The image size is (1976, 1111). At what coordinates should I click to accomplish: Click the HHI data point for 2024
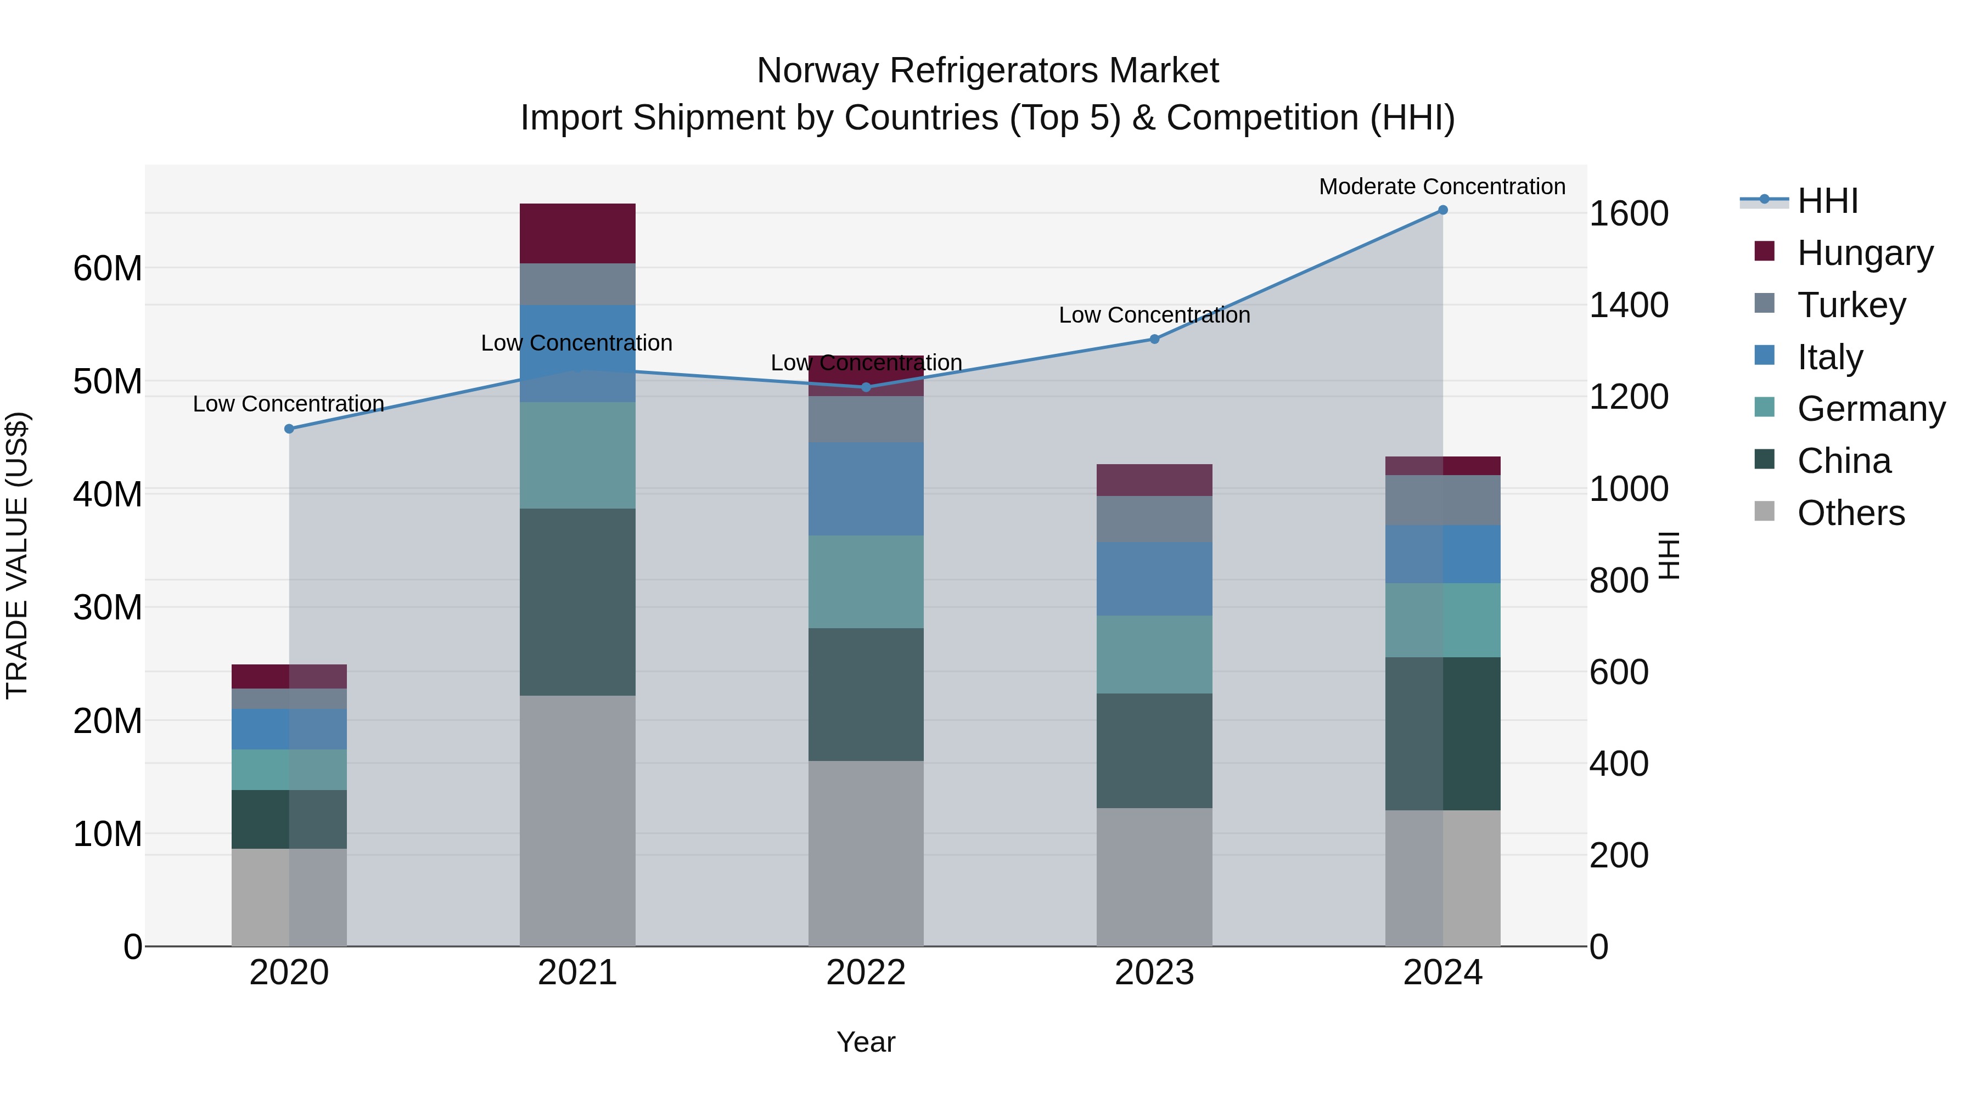(x=1442, y=210)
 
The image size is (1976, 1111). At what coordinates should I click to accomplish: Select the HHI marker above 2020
(x=289, y=428)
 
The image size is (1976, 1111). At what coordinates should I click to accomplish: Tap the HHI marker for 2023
(x=1154, y=339)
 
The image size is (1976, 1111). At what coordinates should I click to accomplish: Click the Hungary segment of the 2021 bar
(x=577, y=233)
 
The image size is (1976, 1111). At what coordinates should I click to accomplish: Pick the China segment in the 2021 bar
(x=577, y=602)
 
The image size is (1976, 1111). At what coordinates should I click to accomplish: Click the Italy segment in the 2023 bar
(x=1154, y=578)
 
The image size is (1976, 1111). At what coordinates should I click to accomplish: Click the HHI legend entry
(x=1827, y=201)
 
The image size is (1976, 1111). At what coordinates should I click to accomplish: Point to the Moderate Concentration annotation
(x=1441, y=187)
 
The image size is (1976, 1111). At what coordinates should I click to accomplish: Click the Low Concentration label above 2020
(x=288, y=403)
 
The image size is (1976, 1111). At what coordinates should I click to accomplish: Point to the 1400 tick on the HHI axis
(x=1628, y=305)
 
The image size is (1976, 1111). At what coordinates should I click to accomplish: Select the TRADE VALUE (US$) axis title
(x=17, y=555)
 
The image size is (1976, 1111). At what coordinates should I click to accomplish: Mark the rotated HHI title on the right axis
(x=1669, y=555)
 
